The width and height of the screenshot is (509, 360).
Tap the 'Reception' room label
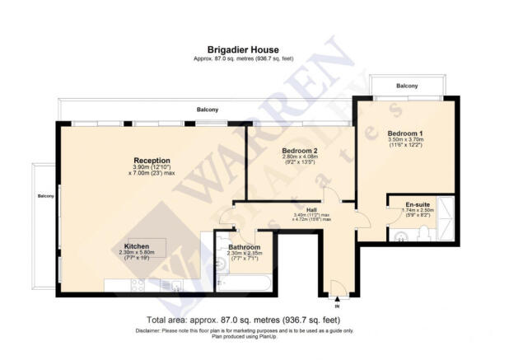click(152, 160)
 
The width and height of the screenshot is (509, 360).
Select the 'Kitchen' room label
click(137, 245)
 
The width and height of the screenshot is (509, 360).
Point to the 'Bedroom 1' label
click(405, 133)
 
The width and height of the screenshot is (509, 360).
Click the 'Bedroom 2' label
click(300, 151)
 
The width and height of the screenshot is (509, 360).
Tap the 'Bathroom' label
click(245, 248)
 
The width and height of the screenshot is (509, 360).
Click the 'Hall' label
click(311, 209)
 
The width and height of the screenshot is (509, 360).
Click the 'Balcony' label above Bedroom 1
click(407, 86)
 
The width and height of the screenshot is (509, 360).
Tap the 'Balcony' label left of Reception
click(44, 196)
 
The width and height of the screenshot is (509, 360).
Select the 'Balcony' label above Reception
click(208, 110)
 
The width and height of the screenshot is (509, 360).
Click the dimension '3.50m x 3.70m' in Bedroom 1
click(405, 141)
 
